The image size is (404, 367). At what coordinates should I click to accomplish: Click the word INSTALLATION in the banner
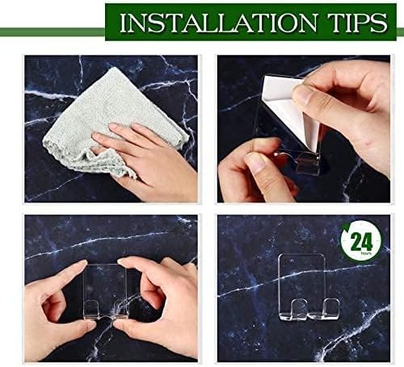[218, 22]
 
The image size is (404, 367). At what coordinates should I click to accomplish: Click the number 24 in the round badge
[362, 241]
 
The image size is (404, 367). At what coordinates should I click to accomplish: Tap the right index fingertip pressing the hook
[124, 261]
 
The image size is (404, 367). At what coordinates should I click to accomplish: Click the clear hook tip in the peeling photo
[306, 164]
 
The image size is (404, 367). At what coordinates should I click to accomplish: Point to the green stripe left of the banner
[53, 32]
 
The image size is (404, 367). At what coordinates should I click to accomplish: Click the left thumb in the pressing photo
[81, 326]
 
